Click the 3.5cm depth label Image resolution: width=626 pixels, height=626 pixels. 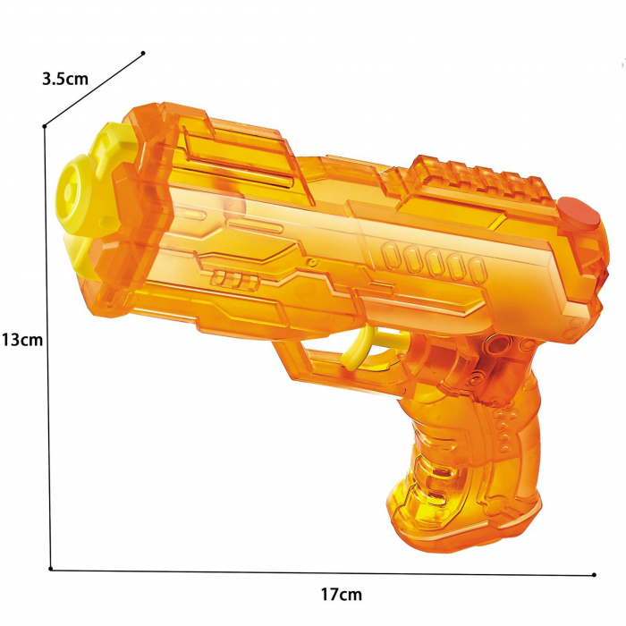[x=65, y=78]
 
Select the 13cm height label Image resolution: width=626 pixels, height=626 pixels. [x=21, y=340]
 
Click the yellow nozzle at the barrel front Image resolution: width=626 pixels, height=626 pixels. [x=75, y=188]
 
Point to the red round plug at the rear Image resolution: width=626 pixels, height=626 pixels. [x=579, y=216]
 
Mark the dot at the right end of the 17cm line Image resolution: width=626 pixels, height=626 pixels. [x=595, y=574]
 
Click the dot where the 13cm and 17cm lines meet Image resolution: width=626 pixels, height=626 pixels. [x=51, y=568]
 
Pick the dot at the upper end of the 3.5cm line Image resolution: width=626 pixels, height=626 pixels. [x=143, y=53]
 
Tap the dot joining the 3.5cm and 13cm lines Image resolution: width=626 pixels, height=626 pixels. [x=45, y=126]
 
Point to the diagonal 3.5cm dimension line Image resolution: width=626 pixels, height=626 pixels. [x=94, y=89]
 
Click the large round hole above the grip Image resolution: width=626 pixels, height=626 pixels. [x=498, y=344]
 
